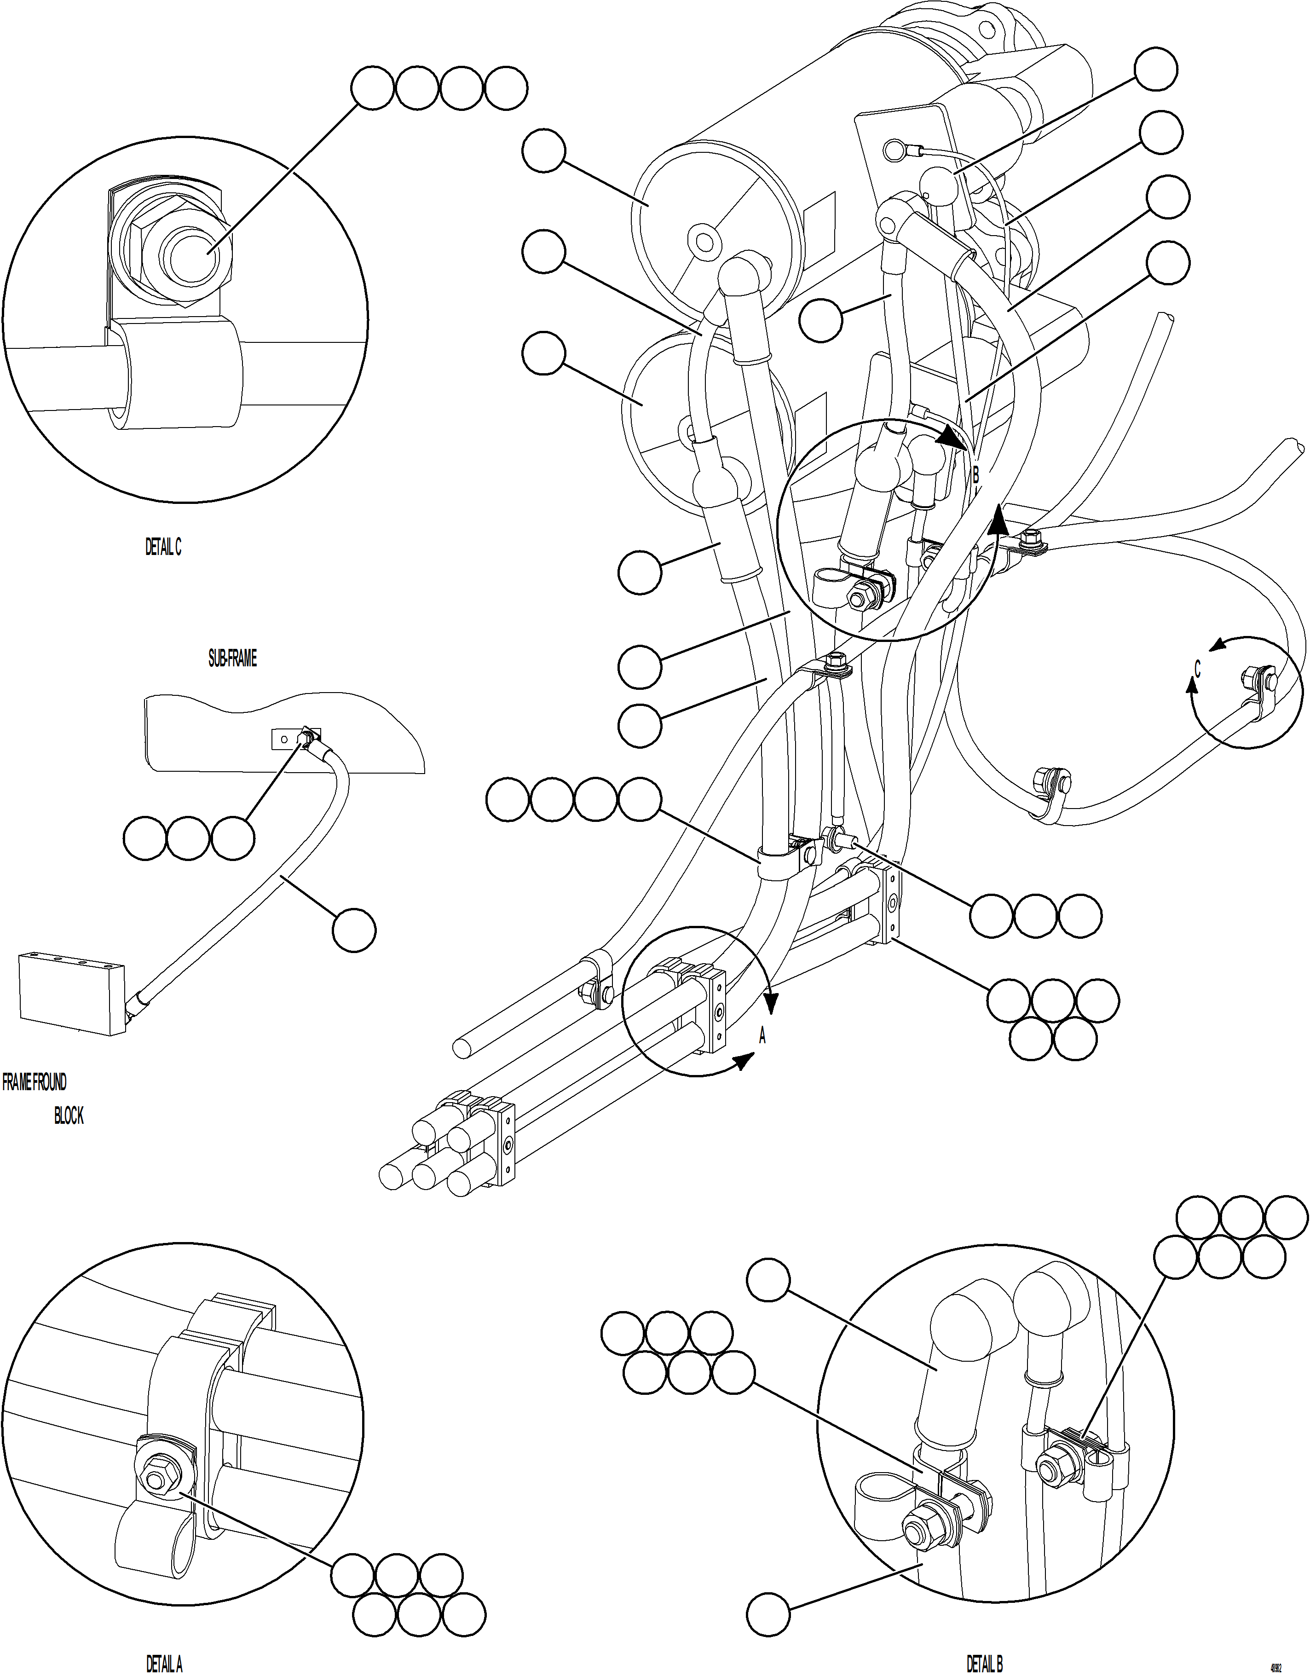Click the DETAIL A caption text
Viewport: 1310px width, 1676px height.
coord(163,1664)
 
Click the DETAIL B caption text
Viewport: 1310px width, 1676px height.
coord(985,1664)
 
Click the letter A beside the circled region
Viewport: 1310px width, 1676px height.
coord(762,1036)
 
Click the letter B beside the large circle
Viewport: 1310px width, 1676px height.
coord(976,475)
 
